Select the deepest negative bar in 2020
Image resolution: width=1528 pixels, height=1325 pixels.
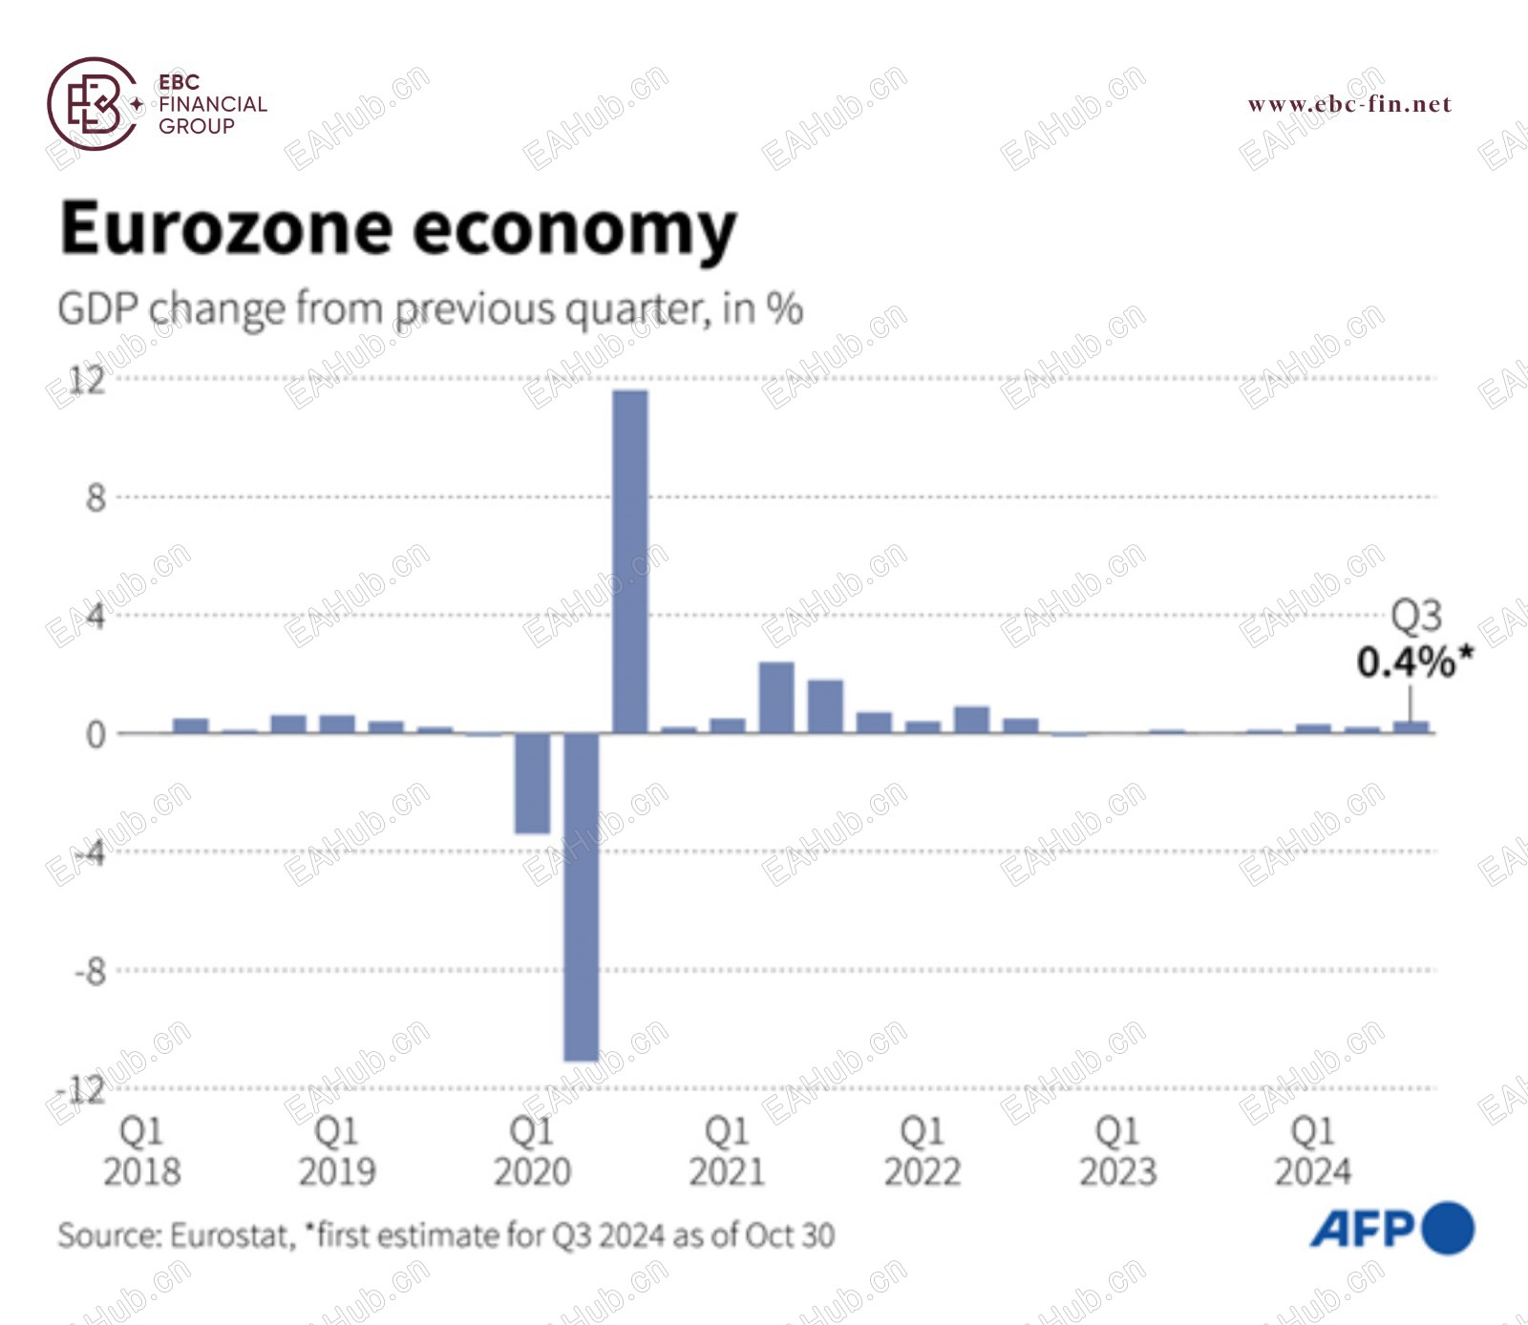581,896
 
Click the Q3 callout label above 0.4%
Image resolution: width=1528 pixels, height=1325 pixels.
1415,616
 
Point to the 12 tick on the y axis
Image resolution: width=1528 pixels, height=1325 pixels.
87,380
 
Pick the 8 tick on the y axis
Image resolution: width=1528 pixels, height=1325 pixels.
95,497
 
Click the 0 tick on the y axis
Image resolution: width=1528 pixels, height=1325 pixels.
95,734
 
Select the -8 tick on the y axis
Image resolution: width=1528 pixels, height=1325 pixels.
90,972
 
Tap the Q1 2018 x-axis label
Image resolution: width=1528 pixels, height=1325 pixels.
141,1151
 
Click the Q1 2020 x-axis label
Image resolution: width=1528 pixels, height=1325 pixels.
532,1151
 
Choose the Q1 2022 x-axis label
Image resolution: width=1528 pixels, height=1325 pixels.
922,1151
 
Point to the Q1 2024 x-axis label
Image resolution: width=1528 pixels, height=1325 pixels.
1312,1151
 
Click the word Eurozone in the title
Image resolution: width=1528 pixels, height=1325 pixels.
226,229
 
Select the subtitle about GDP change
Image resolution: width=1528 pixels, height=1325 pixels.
430,309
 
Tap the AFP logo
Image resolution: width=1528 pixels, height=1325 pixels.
1391,1229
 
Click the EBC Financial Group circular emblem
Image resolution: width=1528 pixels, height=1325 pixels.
93,104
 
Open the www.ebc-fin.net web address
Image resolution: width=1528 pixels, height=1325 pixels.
1348,104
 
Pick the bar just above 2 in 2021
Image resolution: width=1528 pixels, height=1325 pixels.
776,698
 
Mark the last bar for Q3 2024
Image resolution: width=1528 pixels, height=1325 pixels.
1411,727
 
